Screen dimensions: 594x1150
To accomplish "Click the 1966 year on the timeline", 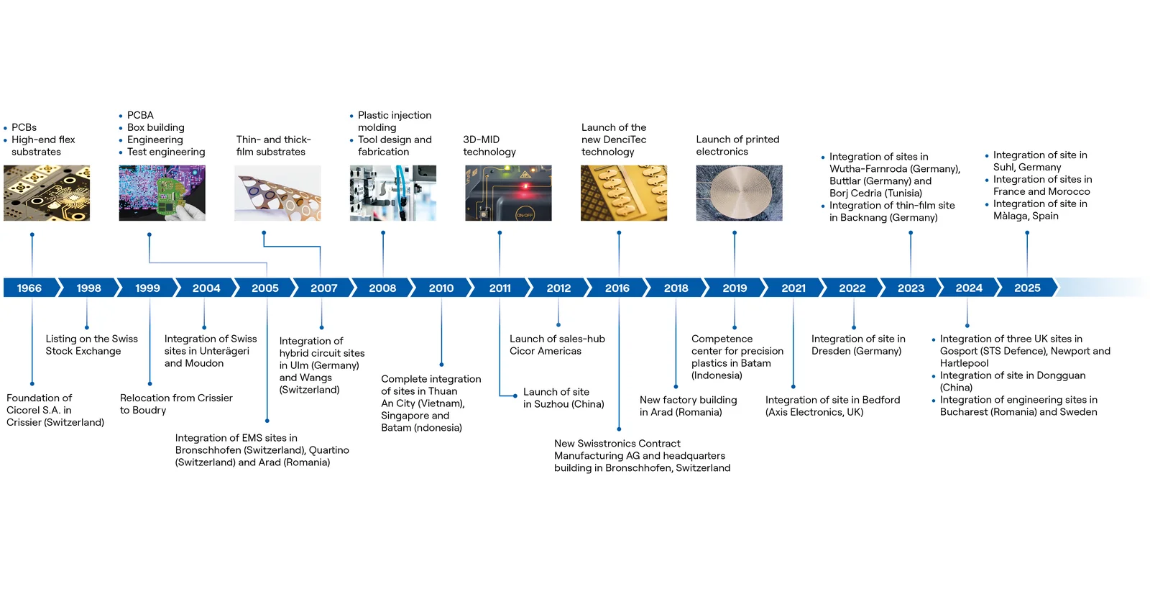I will (x=29, y=288).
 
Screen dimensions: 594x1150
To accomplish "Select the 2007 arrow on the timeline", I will (x=323, y=288).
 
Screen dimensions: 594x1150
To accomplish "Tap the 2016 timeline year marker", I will (x=617, y=288).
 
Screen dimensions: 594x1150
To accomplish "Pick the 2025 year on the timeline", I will (x=1027, y=288).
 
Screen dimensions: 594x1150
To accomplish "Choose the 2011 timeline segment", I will (x=500, y=288).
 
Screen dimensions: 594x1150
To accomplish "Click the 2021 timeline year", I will (x=793, y=288).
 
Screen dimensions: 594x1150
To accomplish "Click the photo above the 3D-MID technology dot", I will (x=508, y=193).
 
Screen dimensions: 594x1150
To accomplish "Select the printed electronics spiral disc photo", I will (x=739, y=193).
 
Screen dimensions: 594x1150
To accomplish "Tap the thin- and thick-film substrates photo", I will (x=277, y=193).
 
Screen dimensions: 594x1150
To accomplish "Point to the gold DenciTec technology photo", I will (x=624, y=193).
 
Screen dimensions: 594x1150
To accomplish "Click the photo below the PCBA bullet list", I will (x=162, y=193).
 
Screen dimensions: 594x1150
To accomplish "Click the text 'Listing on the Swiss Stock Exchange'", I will (x=91, y=345).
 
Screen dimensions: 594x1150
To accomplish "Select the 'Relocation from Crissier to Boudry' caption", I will (x=176, y=404).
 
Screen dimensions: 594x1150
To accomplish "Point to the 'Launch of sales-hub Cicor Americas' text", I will (x=557, y=345).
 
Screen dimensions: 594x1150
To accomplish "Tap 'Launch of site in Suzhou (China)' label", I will (x=563, y=398).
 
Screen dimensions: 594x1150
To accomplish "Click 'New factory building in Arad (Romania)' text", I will (x=688, y=406).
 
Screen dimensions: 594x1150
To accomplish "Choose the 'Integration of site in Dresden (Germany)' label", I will (x=857, y=345).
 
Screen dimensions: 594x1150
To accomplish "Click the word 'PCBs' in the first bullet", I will (x=24, y=127).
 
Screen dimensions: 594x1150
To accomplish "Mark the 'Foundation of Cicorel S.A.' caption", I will (x=55, y=410).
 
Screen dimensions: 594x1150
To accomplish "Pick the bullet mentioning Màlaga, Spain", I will (x=1039, y=210).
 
